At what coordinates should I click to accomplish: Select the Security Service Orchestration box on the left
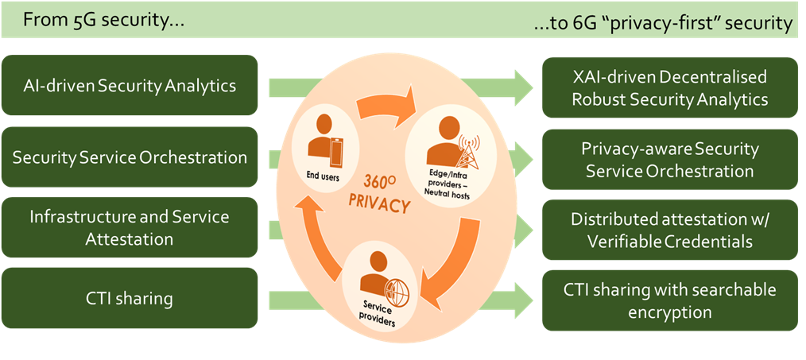(130, 157)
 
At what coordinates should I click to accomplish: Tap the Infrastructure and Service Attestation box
(130, 227)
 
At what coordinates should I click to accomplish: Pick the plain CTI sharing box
(130, 299)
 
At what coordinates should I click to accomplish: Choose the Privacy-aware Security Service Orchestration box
(669, 160)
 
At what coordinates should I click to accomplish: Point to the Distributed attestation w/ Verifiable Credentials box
(669, 230)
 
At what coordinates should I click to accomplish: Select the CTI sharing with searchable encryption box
(669, 300)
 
